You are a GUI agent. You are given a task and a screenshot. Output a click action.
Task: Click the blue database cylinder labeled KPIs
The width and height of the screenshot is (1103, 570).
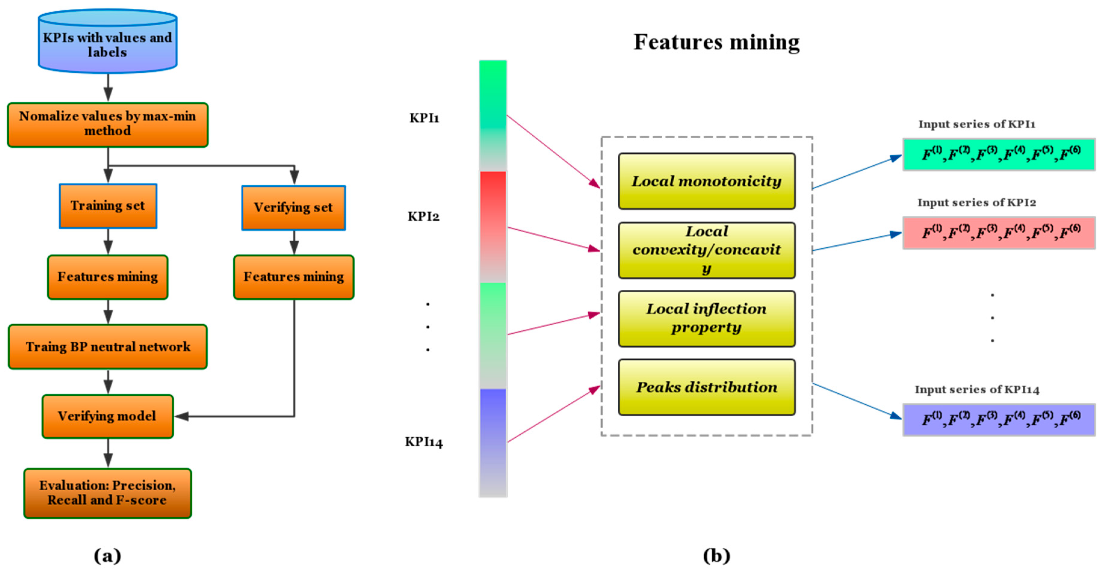click(x=107, y=42)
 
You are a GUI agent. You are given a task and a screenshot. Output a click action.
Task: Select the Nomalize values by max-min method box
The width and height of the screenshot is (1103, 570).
click(x=107, y=125)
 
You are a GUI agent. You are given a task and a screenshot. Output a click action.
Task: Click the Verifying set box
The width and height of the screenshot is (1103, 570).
click(x=293, y=208)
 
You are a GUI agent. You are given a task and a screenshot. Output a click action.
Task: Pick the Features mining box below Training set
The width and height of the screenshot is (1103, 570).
click(x=107, y=277)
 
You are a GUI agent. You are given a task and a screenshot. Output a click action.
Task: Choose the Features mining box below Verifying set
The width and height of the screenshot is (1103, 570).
click(x=294, y=277)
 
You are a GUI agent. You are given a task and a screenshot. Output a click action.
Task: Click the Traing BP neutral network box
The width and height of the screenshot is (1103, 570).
click(x=107, y=347)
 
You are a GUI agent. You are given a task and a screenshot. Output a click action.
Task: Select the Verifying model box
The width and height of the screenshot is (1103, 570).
click(x=107, y=416)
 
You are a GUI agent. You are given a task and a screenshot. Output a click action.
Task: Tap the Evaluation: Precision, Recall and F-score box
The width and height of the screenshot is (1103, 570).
click(x=107, y=493)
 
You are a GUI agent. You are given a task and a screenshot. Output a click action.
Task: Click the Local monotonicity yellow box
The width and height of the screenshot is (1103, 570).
click(x=706, y=181)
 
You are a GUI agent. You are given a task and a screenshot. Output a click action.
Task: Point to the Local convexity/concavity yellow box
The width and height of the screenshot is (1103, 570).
click(x=706, y=250)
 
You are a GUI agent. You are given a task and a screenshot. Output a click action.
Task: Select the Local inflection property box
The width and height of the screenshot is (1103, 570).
click(x=706, y=318)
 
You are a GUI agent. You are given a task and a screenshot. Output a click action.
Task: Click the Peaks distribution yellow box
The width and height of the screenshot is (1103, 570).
click(x=706, y=387)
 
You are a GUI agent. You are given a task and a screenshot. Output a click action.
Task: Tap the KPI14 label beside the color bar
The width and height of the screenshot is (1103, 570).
click(x=424, y=442)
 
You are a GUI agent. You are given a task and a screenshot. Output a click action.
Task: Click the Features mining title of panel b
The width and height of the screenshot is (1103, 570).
click(x=716, y=42)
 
